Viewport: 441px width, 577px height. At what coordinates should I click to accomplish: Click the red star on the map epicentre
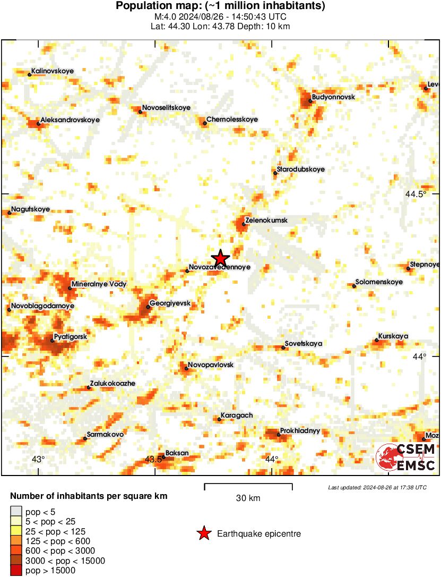(220, 258)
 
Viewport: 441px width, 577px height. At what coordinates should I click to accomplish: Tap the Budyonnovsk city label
(333, 97)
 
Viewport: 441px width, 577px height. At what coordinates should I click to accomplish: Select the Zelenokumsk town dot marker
(244, 224)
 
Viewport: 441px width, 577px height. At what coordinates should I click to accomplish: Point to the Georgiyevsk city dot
(148, 307)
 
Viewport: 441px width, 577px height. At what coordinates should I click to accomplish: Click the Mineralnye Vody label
(99, 284)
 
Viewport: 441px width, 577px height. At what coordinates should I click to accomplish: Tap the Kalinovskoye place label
(53, 71)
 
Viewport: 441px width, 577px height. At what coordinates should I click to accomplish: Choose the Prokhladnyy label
(300, 431)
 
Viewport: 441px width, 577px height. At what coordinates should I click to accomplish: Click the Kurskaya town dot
(377, 340)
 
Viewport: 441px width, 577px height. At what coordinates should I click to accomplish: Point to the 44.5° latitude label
(416, 194)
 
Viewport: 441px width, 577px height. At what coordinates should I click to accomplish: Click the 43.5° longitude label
(154, 459)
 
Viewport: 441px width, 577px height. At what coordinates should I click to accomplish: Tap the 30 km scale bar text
(248, 498)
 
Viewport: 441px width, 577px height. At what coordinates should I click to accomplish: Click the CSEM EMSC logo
(406, 457)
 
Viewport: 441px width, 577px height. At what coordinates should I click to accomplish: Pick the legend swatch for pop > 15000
(16, 571)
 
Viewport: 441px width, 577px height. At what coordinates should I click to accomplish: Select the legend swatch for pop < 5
(16, 512)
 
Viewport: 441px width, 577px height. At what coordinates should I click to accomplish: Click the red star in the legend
(203, 533)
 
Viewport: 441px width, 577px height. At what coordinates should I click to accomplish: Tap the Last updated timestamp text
(377, 487)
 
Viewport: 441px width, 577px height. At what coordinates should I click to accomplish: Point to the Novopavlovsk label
(211, 365)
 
